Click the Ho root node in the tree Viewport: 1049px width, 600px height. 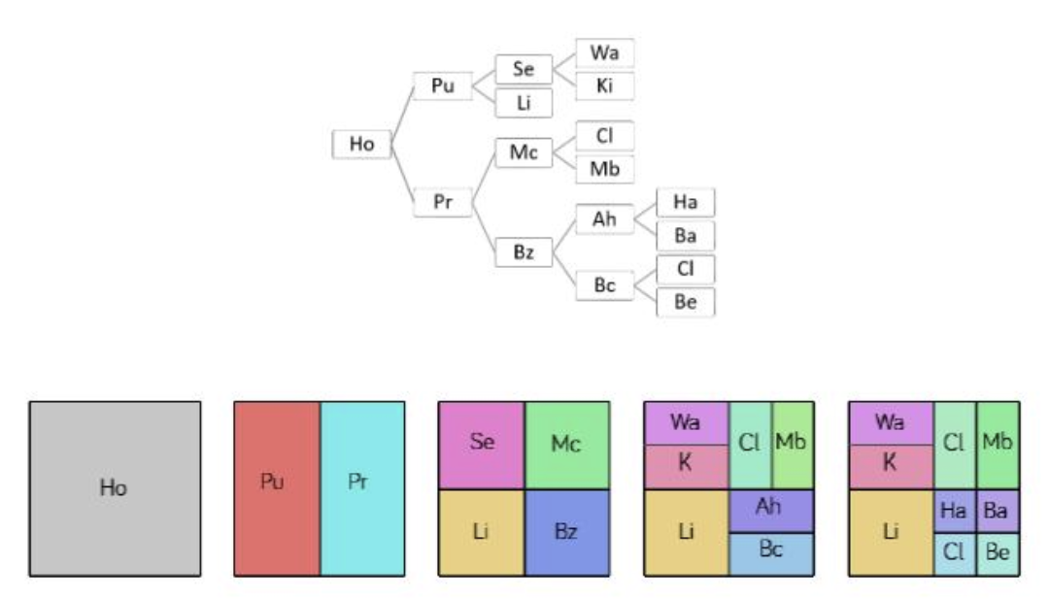[361, 144]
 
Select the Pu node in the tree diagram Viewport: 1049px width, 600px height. [443, 85]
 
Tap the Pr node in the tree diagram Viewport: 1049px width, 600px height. [443, 202]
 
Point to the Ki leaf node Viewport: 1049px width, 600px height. [604, 85]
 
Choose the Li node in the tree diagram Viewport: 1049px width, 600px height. [524, 103]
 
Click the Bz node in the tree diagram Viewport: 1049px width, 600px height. [524, 252]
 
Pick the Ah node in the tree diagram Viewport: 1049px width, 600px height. [604, 219]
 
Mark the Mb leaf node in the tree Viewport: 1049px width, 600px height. [604, 169]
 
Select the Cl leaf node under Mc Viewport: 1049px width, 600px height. [604, 136]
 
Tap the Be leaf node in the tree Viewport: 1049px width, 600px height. [685, 302]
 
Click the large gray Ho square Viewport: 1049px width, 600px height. [115, 488]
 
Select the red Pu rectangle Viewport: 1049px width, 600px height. [277, 488]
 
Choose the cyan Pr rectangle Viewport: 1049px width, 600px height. [362, 488]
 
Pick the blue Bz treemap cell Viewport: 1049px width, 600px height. [567, 532]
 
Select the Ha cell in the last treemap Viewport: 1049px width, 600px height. [955, 511]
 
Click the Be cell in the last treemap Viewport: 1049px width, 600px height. [998, 553]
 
